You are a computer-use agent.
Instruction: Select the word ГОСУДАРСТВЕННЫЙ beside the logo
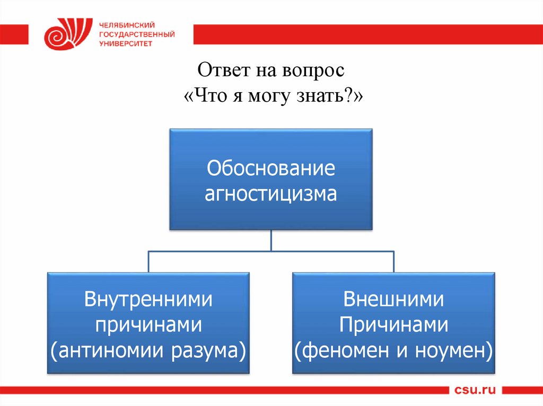point(137,34)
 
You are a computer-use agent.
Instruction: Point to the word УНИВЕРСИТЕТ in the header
point(126,43)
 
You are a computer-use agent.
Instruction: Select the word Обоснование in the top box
point(271,169)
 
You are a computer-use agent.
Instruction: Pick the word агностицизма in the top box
point(271,194)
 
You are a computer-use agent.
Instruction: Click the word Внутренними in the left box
point(148,300)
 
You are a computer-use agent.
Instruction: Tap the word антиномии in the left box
point(110,350)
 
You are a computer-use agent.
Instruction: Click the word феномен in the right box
point(341,350)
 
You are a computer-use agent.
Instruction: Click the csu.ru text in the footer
point(475,391)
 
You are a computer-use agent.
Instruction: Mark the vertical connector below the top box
point(271,241)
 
